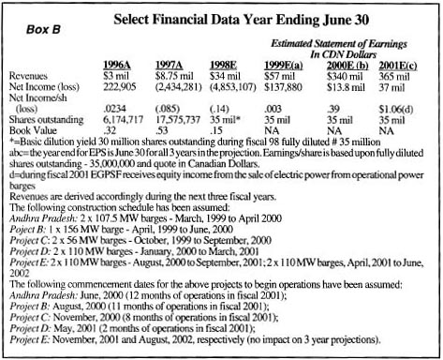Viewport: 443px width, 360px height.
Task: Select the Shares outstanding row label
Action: click(46, 122)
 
